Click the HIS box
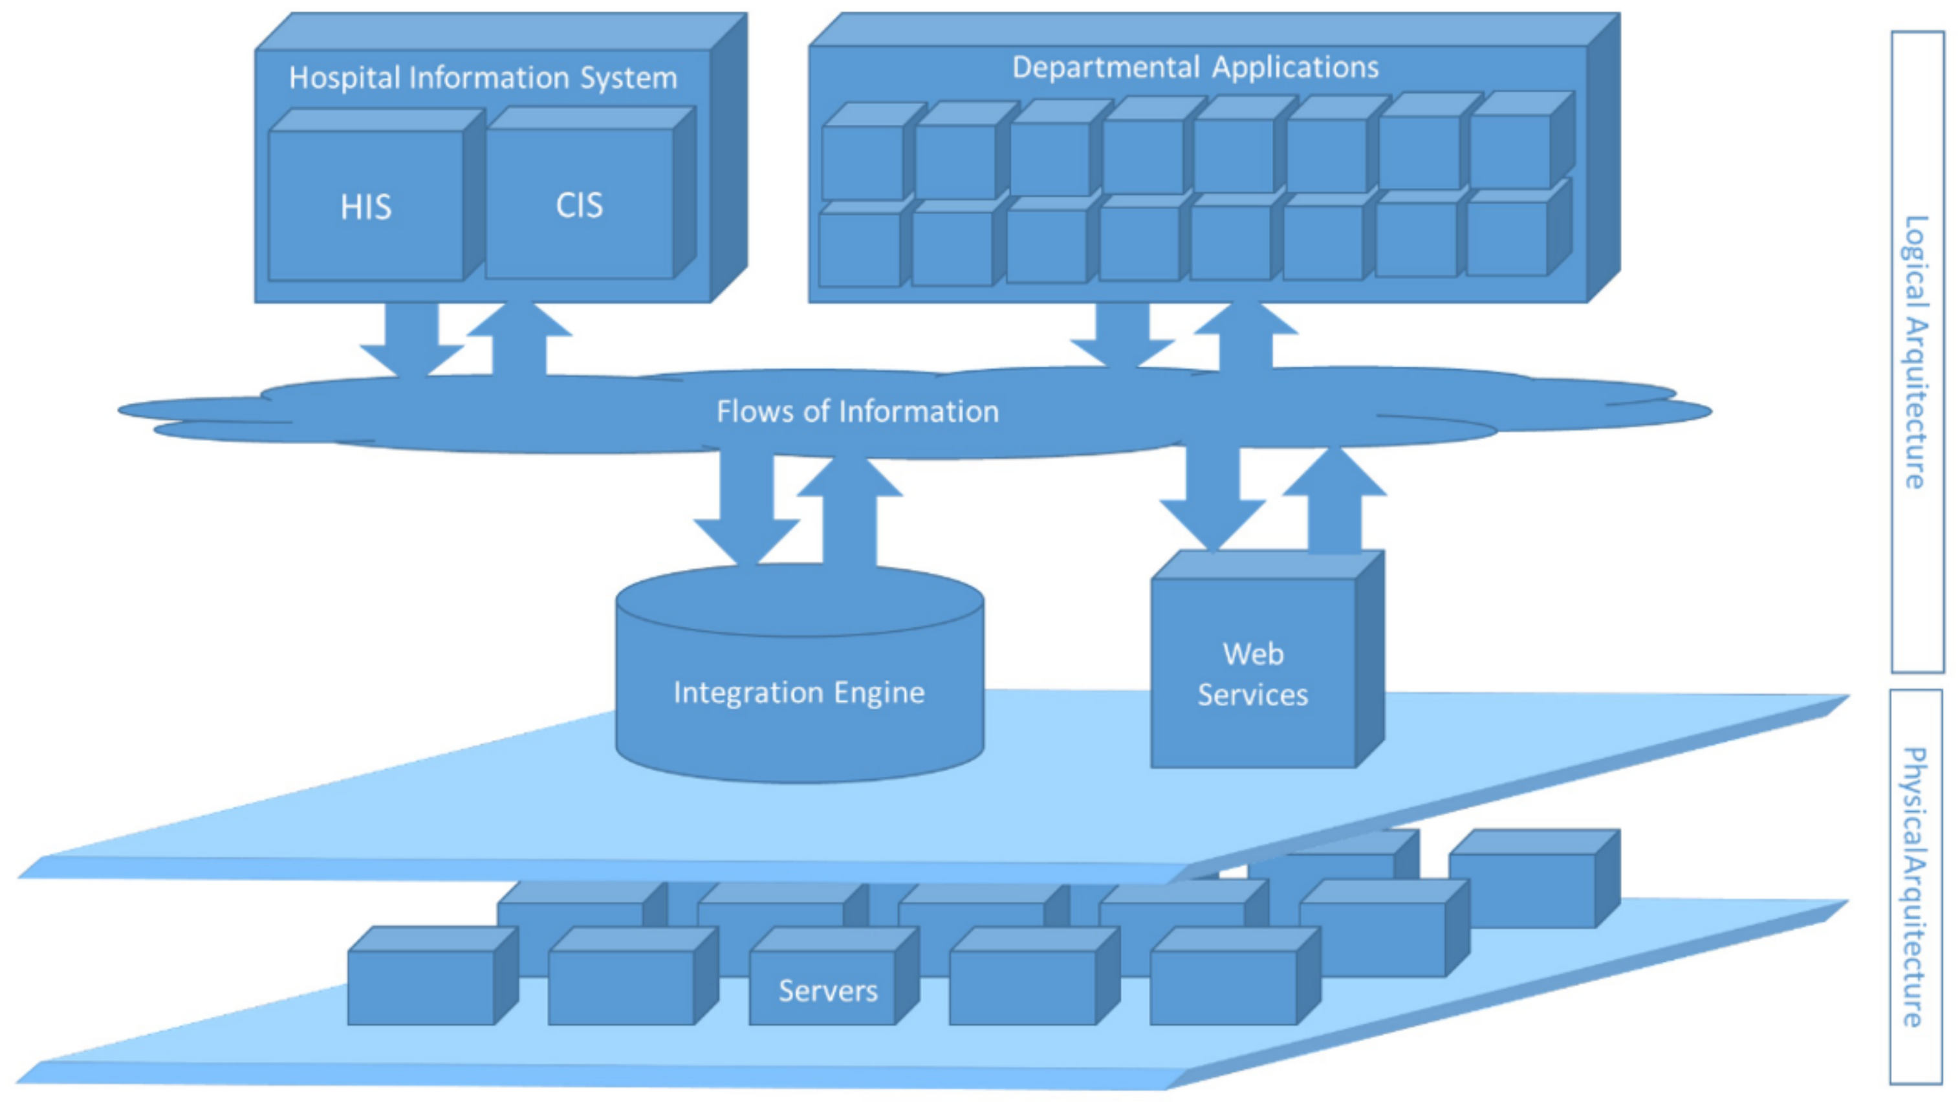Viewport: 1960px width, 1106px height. click(x=366, y=206)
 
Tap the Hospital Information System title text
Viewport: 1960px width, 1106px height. click(x=483, y=78)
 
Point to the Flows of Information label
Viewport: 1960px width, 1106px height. click(x=858, y=411)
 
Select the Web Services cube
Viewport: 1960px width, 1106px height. click(x=1253, y=673)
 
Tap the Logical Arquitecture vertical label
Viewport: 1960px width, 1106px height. click(x=1917, y=351)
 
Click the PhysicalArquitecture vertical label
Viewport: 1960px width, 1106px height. click(x=1915, y=886)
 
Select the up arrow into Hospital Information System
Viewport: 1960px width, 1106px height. click(x=519, y=338)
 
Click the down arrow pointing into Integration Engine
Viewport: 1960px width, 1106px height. click(x=746, y=514)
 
